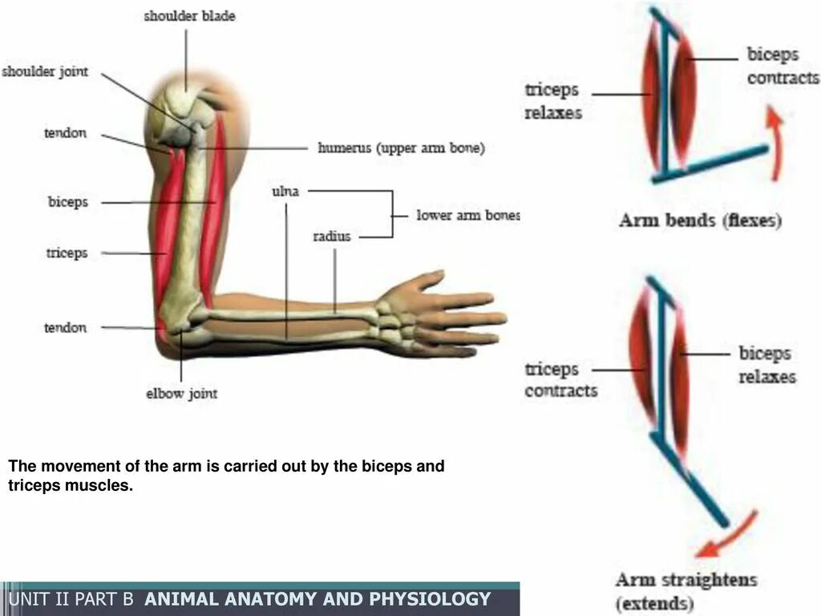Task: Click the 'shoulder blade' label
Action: point(189,16)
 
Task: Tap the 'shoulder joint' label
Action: point(45,71)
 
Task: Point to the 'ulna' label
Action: point(288,192)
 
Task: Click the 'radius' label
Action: point(332,237)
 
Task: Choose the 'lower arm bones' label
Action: point(468,215)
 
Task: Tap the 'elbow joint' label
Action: point(181,394)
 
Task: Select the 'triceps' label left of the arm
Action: point(67,253)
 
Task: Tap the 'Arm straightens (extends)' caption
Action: point(686,592)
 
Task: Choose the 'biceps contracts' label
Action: point(782,67)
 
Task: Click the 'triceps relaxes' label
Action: point(553,101)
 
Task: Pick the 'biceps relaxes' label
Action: point(766,364)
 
